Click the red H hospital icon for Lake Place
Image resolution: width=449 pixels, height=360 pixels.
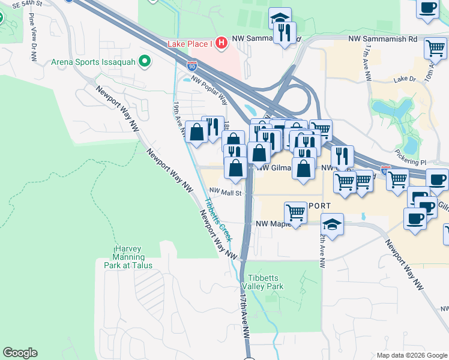point(221,43)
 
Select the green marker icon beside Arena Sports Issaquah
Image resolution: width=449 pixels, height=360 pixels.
point(144,61)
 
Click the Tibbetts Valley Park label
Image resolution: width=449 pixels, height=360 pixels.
point(265,282)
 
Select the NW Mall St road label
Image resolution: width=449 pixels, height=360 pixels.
point(225,193)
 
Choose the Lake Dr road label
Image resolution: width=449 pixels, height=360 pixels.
point(405,79)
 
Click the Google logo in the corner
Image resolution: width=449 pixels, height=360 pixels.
point(20,353)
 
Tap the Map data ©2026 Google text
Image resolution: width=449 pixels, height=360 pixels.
point(412,355)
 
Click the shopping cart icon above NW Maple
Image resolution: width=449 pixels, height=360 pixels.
point(295,212)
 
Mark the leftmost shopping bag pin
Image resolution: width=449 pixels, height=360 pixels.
point(197,131)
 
